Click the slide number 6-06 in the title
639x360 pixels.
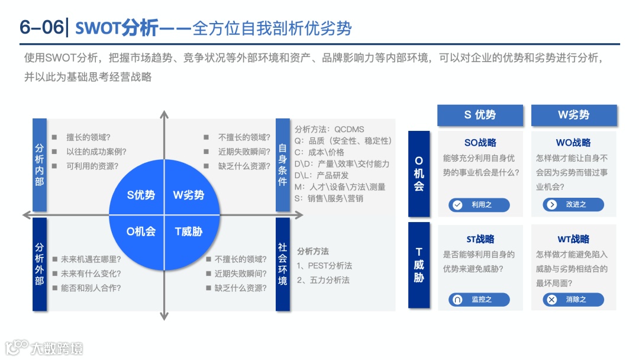[40, 28]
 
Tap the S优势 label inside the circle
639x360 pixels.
[141, 195]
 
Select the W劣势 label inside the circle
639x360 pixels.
[189, 195]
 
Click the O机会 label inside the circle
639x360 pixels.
[141, 232]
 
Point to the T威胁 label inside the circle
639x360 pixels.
[189, 232]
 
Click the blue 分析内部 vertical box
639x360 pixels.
[40, 165]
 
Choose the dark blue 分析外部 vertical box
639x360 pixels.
[40, 264]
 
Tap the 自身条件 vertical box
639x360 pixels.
[283, 165]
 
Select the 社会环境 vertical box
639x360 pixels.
[283, 264]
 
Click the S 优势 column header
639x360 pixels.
[480, 115]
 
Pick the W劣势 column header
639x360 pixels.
[573, 115]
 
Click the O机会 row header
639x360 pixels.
[419, 173]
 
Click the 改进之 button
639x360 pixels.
[573, 205]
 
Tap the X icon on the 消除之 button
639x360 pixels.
[552, 300]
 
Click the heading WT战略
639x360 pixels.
[573, 239]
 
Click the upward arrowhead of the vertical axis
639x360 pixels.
[164, 113]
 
